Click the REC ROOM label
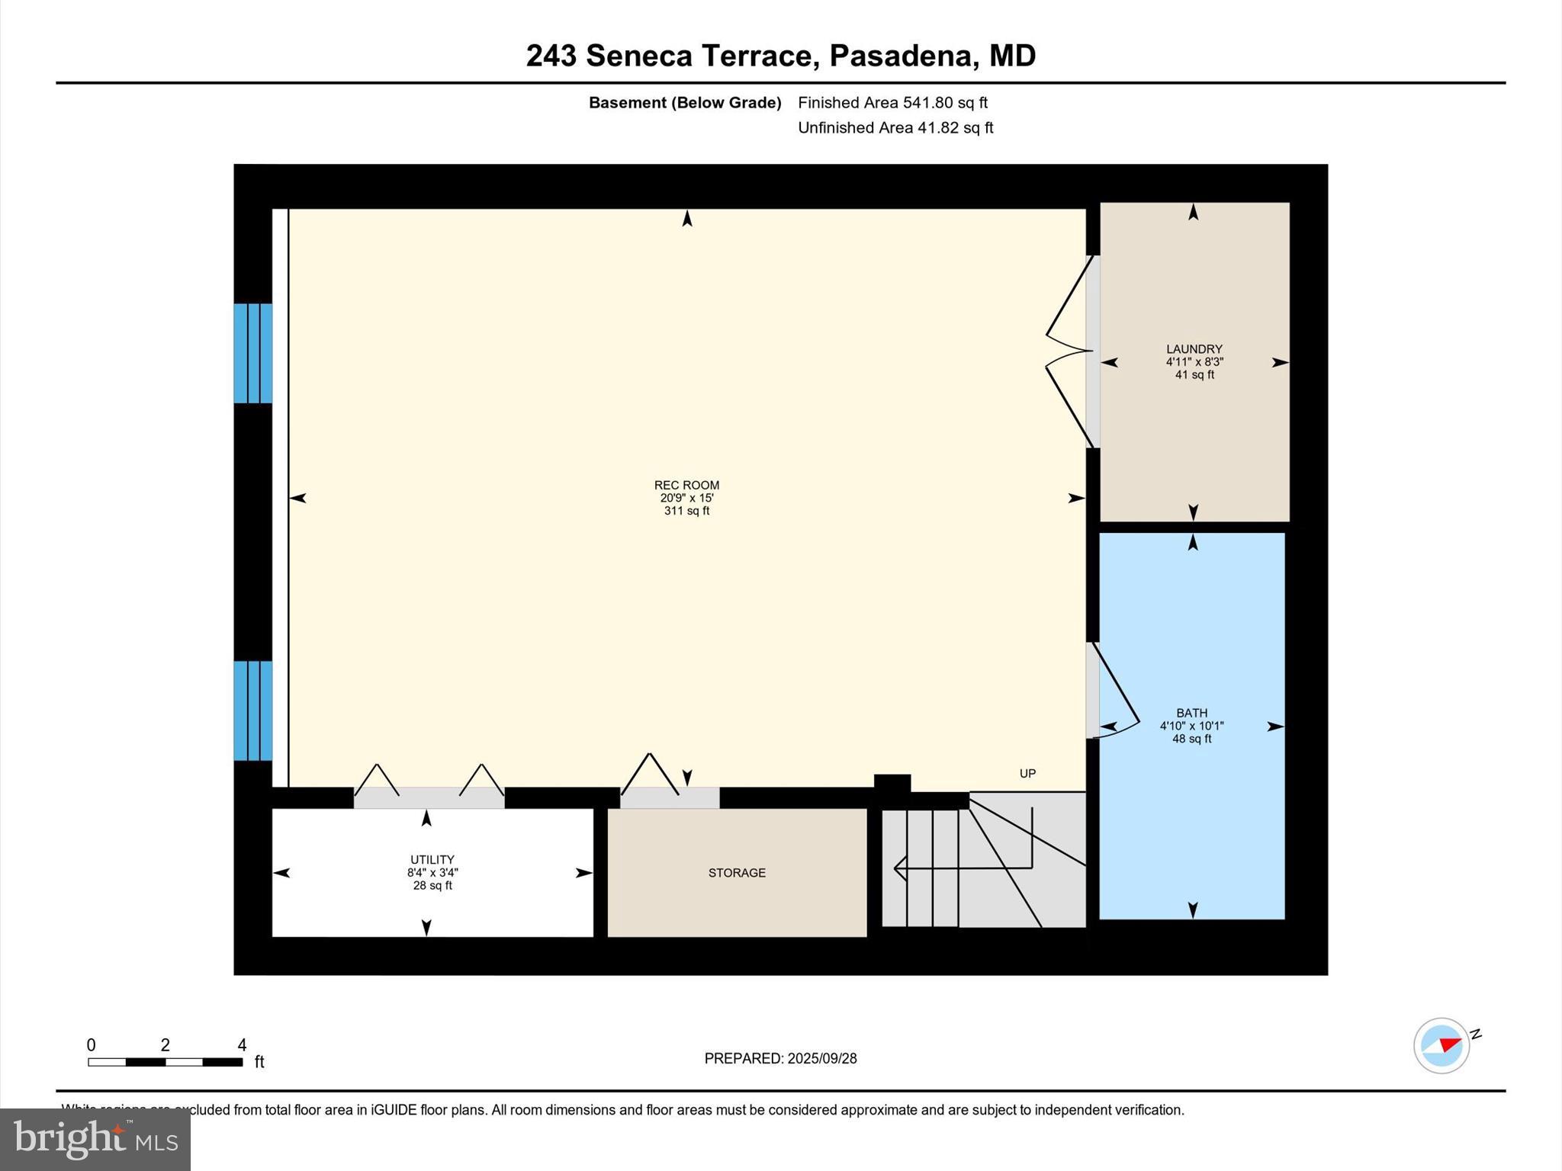[686, 485]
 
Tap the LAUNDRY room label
[1194, 349]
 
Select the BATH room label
[1191, 713]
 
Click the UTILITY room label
[432, 859]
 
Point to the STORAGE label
[737, 873]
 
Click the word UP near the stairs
[1027, 773]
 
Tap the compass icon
[1441, 1046]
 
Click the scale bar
[165, 1061]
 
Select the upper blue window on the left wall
[252, 353]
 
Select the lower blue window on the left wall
[252, 711]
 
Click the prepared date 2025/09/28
[821, 1058]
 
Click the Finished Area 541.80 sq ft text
[892, 102]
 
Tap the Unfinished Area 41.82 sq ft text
[895, 127]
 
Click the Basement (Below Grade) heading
[684, 102]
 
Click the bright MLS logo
[95, 1139]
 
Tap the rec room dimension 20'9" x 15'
[686, 498]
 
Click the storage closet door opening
[669, 797]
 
